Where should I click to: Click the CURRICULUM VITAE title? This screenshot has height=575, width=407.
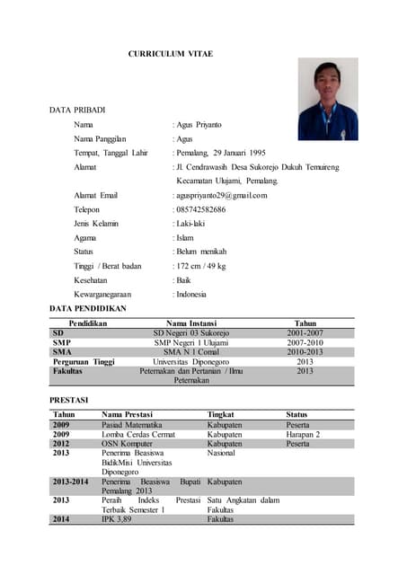(170, 55)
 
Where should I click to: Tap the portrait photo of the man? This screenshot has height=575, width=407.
(327, 100)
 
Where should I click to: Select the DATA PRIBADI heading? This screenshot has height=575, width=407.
(77, 110)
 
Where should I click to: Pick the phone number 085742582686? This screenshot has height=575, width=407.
(201, 209)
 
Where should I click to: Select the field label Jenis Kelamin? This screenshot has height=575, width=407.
(96, 223)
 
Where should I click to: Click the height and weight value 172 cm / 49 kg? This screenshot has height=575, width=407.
(201, 266)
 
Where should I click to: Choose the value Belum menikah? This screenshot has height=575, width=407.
(201, 252)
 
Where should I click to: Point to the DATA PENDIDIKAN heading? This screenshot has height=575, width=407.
(87, 308)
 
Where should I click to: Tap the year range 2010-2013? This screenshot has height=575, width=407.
(305, 352)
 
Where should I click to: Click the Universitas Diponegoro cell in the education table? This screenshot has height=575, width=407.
(190, 362)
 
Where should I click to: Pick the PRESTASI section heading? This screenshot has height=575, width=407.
(68, 399)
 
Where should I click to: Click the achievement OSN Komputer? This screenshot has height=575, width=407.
(127, 444)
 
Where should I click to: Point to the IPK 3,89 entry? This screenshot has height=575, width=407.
(117, 519)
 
